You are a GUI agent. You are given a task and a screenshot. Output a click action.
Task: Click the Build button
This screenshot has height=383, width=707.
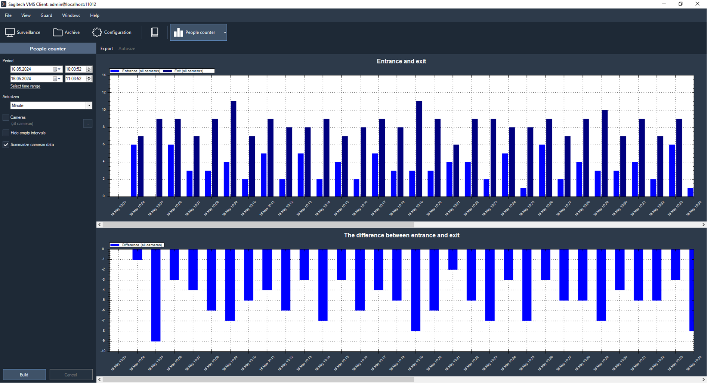click(x=24, y=374)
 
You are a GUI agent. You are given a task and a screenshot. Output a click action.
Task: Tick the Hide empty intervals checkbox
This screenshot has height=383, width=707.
click(x=6, y=133)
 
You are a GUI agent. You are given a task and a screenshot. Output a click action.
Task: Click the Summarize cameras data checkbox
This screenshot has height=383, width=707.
click(x=6, y=145)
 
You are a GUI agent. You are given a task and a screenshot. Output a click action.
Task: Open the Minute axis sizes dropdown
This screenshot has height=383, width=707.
click(x=89, y=106)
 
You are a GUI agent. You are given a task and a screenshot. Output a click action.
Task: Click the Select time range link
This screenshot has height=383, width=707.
click(x=25, y=86)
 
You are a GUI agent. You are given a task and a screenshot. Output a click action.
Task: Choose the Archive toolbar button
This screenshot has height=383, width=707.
click(x=67, y=33)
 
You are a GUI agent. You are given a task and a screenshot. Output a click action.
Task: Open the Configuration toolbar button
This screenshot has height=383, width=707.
click(x=112, y=33)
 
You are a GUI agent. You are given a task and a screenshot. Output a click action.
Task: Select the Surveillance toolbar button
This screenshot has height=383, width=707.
click(x=23, y=33)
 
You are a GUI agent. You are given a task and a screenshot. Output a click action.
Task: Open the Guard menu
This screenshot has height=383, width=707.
click(x=46, y=15)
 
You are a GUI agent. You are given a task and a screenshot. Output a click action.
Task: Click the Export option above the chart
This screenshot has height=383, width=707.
click(x=106, y=49)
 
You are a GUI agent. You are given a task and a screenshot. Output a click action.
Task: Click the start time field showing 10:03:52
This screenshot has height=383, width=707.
click(x=75, y=69)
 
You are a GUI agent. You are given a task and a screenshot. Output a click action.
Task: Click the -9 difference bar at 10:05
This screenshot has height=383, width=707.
click(x=156, y=295)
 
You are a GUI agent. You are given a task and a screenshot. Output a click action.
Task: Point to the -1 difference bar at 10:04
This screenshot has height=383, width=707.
click(x=137, y=254)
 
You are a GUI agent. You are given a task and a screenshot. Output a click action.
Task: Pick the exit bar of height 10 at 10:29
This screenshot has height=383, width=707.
click(x=605, y=153)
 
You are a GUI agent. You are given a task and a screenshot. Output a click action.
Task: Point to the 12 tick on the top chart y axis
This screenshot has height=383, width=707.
click(x=104, y=92)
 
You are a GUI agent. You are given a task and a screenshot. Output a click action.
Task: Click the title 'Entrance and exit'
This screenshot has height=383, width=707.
click(x=401, y=61)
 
